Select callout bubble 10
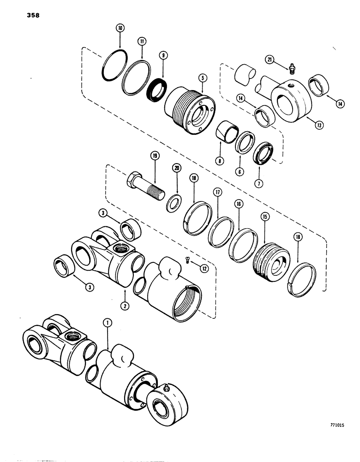point(120,28)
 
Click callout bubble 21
point(270,59)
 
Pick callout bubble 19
point(155,157)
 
